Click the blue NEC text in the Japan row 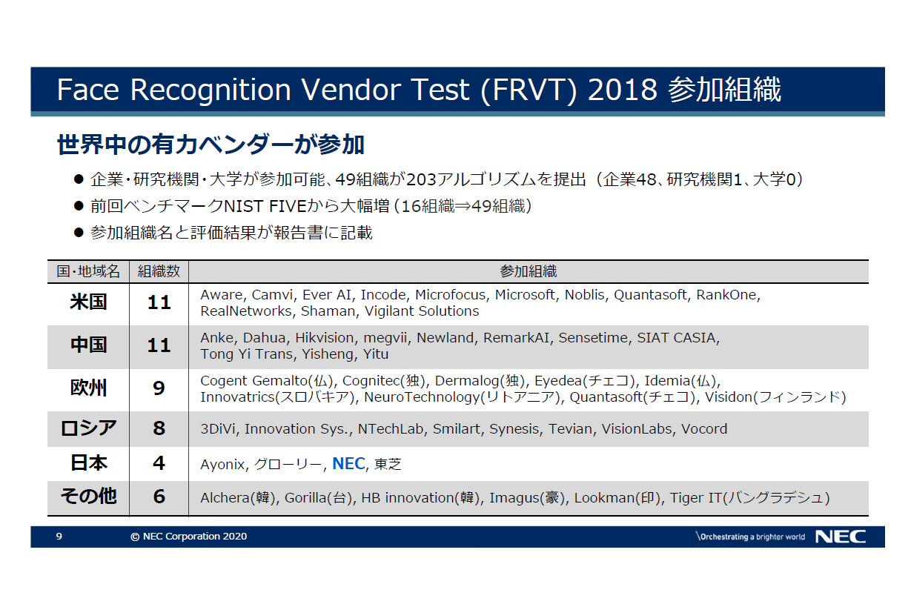click(x=348, y=463)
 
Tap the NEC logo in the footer click(x=841, y=537)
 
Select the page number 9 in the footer click(x=59, y=537)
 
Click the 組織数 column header click(x=159, y=271)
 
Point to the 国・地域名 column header click(x=88, y=271)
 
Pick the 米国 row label click(x=88, y=302)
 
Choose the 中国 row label click(x=88, y=345)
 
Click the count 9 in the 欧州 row click(x=159, y=388)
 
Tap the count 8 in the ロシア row click(x=159, y=428)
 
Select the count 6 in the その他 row click(x=159, y=497)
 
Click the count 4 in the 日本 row click(x=159, y=463)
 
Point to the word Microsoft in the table click(x=525, y=295)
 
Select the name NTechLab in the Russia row click(x=391, y=429)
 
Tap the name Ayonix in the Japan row click(x=222, y=464)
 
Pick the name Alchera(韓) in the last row click(x=238, y=497)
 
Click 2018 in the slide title click(x=622, y=90)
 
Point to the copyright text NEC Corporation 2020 click(x=195, y=537)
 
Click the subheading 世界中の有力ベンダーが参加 click(x=211, y=145)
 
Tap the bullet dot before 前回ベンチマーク click(x=79, y=206)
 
